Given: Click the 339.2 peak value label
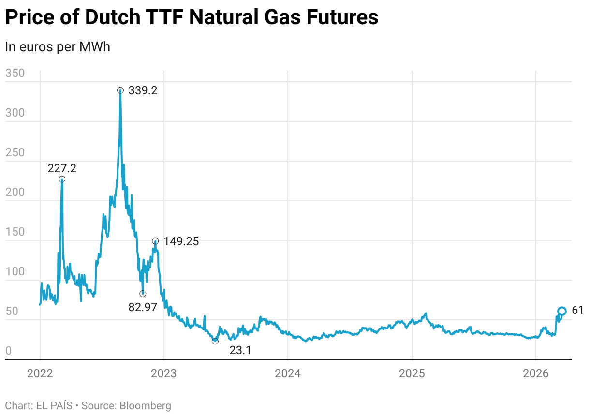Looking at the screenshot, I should coord(143,90).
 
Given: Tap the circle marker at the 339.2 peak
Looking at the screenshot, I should coord(120,90).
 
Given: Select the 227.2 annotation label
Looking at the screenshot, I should coord(62,168).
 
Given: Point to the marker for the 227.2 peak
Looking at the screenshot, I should coord(62,179).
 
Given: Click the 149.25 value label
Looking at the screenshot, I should coord(181,241).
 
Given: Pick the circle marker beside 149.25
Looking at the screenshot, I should coord(155,241).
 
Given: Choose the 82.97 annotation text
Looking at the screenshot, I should coord(143,307).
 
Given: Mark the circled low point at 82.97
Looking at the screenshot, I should coord(143,294).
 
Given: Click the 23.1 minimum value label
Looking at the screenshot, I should coord(240,350).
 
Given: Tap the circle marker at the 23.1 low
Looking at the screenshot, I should coord(215,341).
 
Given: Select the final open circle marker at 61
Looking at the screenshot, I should coord(561,311).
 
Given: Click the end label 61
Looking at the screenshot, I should coord(577,311).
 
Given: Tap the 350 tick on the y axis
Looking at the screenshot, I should coord(15,74).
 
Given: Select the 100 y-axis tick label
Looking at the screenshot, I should coord(15,271).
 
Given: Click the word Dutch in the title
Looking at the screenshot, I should coord(110,18).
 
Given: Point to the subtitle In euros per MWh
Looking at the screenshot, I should coord(58,47).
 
